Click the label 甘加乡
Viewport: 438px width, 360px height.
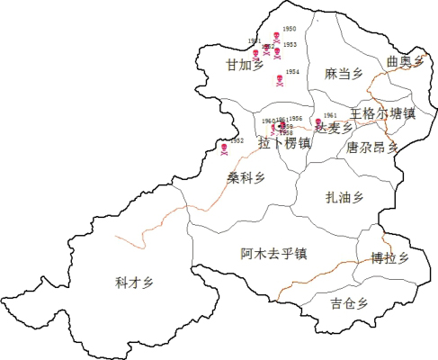(x=245, y=66)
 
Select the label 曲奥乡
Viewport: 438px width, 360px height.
(x=404, y=61)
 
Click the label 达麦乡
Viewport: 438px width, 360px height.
(x=334, y=129)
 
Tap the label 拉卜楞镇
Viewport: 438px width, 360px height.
(x=284, y=143)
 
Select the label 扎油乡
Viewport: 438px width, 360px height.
(x=344, y=197)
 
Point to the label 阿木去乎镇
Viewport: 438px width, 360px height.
(x=274, y=253)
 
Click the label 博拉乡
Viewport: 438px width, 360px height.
(x=389, y=258)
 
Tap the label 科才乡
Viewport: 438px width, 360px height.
(x=134, y=283)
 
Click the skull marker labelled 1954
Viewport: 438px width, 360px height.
(x=281, y=82)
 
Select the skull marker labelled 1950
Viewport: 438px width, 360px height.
(x=277, y=38)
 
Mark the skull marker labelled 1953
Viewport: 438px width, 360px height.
(x=277, y=52)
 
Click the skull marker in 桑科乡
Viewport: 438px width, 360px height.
(x=224, y=148)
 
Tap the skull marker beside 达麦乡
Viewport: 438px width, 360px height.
(x=318, y=122)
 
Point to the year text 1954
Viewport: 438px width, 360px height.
(x=292, y=72)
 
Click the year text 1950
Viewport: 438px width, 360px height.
(x=289, y=29)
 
